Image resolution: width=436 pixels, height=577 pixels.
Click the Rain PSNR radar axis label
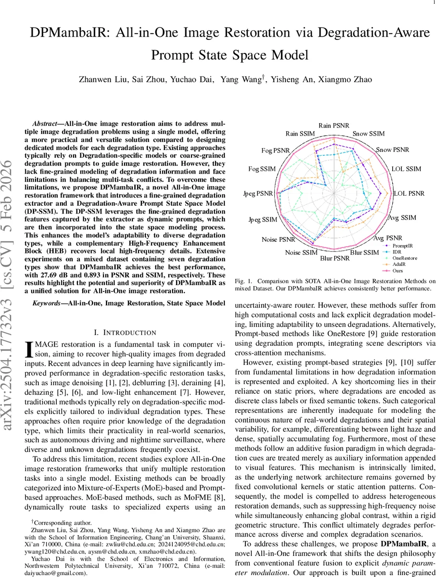click(334, 125)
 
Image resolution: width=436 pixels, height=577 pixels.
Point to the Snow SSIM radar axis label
click(369, 134)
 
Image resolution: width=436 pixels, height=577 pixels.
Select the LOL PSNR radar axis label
click(409, 193)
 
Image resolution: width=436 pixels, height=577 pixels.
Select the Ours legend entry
click(398, 270)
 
